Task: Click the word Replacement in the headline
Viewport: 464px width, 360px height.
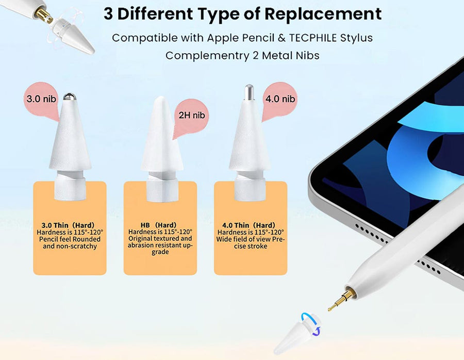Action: point(323,13)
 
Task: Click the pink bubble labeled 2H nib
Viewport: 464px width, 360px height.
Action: point(191,117)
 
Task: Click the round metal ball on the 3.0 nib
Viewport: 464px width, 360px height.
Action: point(70,96)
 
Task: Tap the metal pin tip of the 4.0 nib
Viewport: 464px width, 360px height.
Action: point(249,92)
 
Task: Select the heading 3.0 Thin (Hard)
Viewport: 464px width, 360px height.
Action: point(68,225)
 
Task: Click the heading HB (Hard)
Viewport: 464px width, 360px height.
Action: point(159,225)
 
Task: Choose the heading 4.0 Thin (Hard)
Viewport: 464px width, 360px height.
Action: point(249,225)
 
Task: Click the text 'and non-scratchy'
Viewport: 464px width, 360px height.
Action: point(70,247)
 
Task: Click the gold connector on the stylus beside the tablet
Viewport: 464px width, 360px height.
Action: point(341,300)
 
